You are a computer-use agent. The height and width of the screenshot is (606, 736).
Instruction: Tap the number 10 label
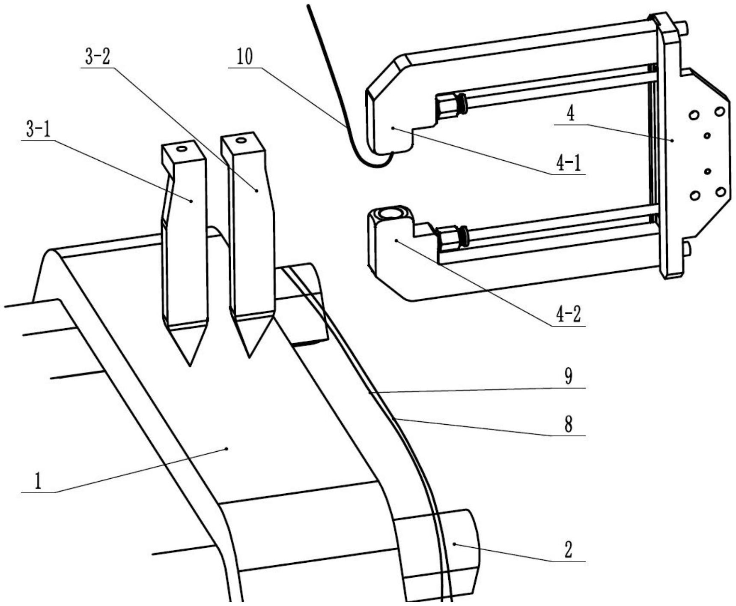click(x=245, y=57)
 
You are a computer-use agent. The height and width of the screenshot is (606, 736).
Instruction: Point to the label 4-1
click(x=569, y=163)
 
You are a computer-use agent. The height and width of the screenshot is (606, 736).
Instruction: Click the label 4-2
click(x=569, y=315)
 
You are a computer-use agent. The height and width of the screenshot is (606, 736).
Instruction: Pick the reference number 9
click(x=568, y=377)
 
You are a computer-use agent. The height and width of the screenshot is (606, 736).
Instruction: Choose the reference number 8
click(x=568, y=425)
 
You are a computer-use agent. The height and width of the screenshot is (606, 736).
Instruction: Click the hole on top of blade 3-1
click(x=182, y=149)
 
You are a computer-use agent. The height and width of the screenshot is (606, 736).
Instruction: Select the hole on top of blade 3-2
click(x=241, y=140)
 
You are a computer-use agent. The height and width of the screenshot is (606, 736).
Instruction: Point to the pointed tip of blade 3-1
click(x=190, y=366)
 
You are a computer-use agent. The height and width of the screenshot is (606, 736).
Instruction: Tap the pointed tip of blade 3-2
click(x=249, y=357)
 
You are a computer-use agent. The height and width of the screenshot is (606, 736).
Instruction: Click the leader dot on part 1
click(x=226, y=449)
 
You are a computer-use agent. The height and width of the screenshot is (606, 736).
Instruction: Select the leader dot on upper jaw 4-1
click(x=393, y=128)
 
